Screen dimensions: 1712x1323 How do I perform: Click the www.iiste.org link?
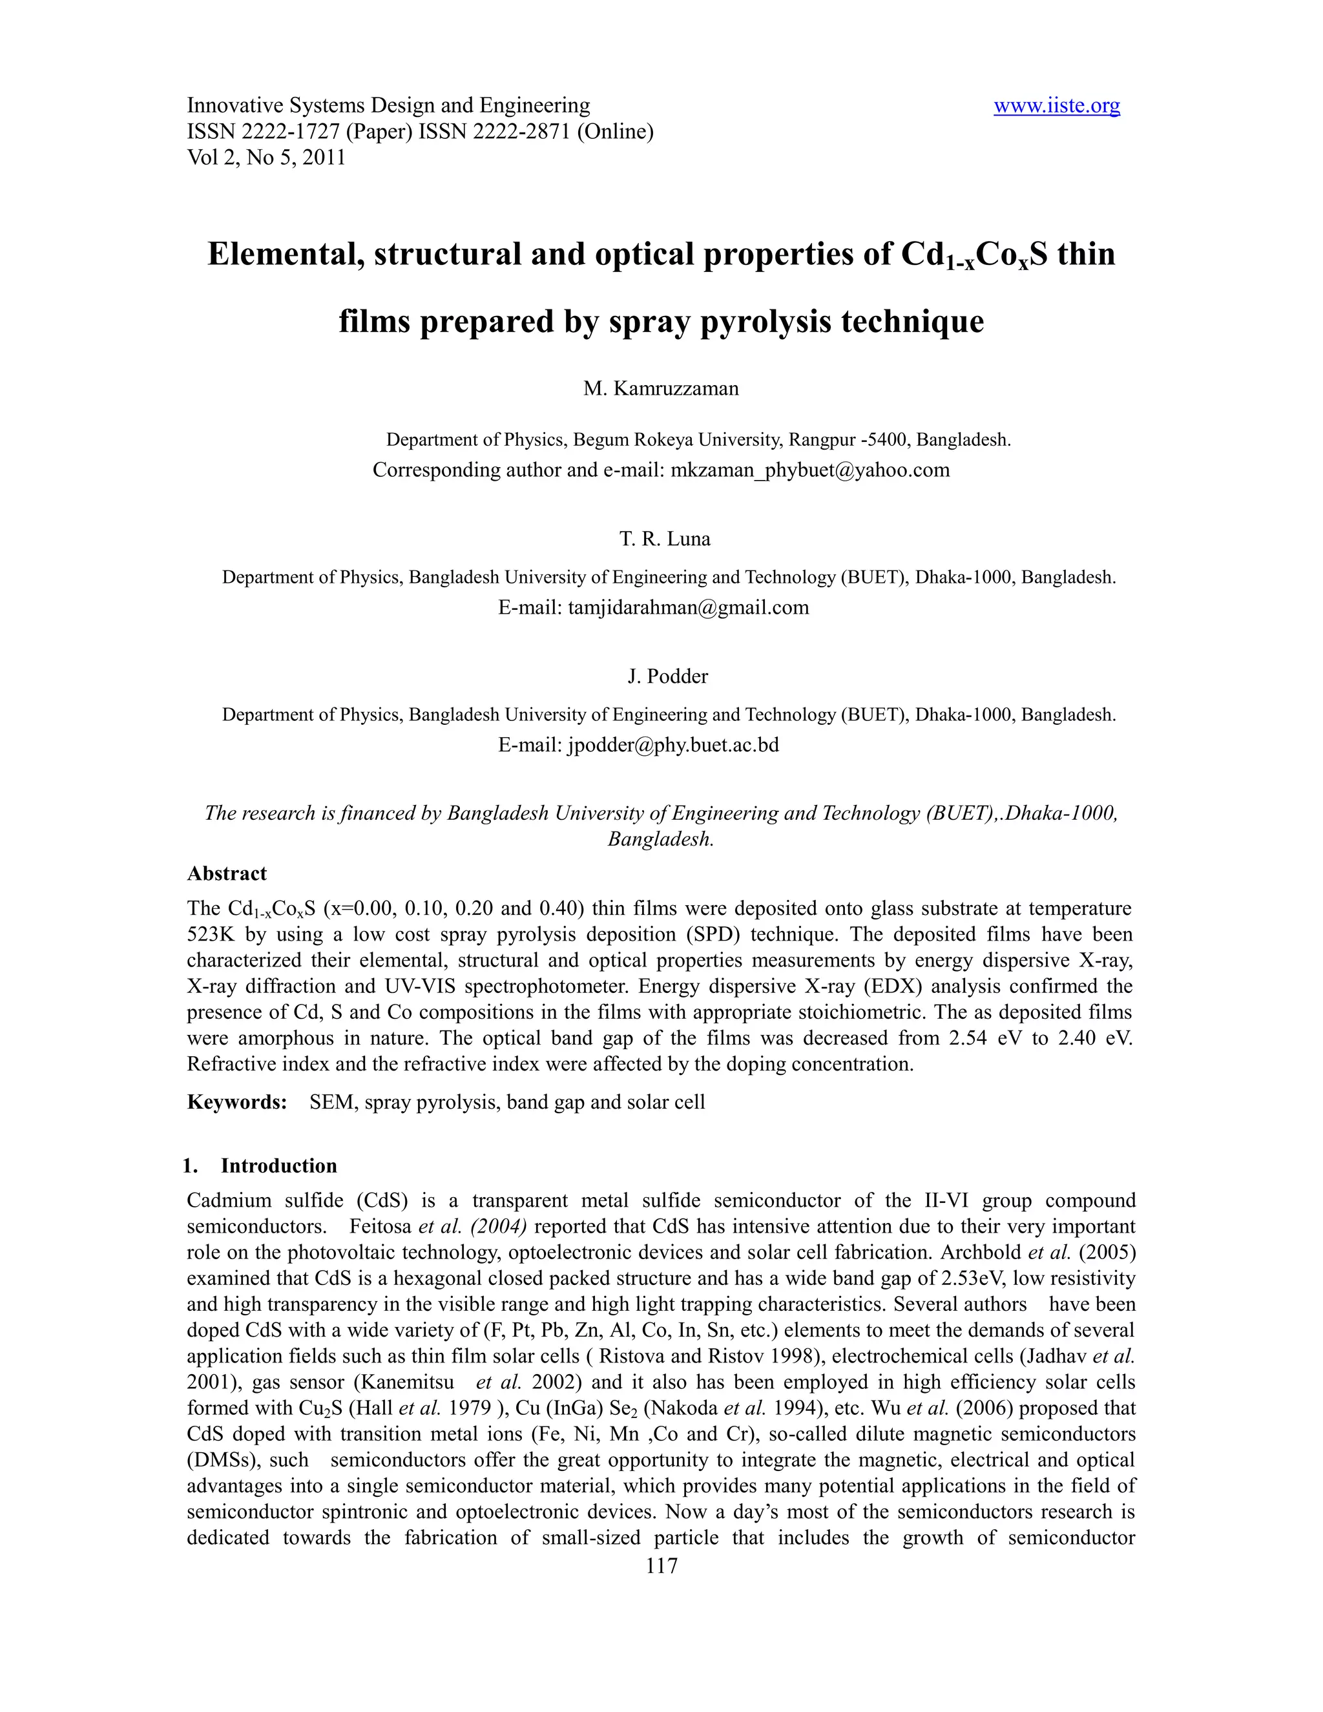coord(1056,105)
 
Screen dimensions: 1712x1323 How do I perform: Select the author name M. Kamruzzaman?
coord(661,389)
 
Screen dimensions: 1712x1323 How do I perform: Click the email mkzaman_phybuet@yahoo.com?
coord(809,470)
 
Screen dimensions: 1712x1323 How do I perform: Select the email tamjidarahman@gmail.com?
coord(688,607)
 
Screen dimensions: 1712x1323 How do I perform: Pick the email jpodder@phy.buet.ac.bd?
coord(673,745)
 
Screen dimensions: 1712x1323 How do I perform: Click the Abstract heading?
coord(227,873)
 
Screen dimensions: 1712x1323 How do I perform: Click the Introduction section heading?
coord(278,1165)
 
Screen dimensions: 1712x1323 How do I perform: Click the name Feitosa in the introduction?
coord(381,1226)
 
